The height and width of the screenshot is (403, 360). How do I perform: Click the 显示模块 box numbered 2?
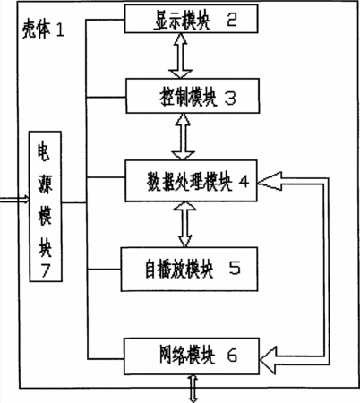point(191,19)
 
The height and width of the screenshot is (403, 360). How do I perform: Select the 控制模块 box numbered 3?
point(193,96)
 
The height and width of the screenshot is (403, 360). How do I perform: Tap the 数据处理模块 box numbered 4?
point(191,181)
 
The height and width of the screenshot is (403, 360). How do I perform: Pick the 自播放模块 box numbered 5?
point(189,269)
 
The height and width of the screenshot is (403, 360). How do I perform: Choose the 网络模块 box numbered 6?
point(192,356)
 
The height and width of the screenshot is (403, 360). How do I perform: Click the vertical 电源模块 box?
point(46,206)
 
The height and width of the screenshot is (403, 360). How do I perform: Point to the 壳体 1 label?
point(43,30)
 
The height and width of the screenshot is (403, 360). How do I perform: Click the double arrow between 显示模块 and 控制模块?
point(181,56)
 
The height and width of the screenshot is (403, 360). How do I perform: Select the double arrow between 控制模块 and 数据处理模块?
point(184,137)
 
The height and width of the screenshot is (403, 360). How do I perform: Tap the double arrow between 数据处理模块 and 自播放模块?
point(185,225)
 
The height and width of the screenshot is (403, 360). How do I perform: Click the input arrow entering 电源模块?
point(14,200)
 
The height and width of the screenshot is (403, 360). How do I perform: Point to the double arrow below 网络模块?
point(193,389)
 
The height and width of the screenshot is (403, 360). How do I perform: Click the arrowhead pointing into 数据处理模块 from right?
point(270,181)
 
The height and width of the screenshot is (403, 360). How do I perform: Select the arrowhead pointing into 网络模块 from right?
point(269,360)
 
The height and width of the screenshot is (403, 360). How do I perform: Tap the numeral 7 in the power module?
point(46,270)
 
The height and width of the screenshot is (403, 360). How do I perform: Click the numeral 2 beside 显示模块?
point(232,19)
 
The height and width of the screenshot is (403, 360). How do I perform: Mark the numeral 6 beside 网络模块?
point(232,356)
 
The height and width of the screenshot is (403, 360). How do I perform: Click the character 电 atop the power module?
point(44,152)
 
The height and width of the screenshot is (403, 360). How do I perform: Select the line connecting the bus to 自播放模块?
point(104,270)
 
